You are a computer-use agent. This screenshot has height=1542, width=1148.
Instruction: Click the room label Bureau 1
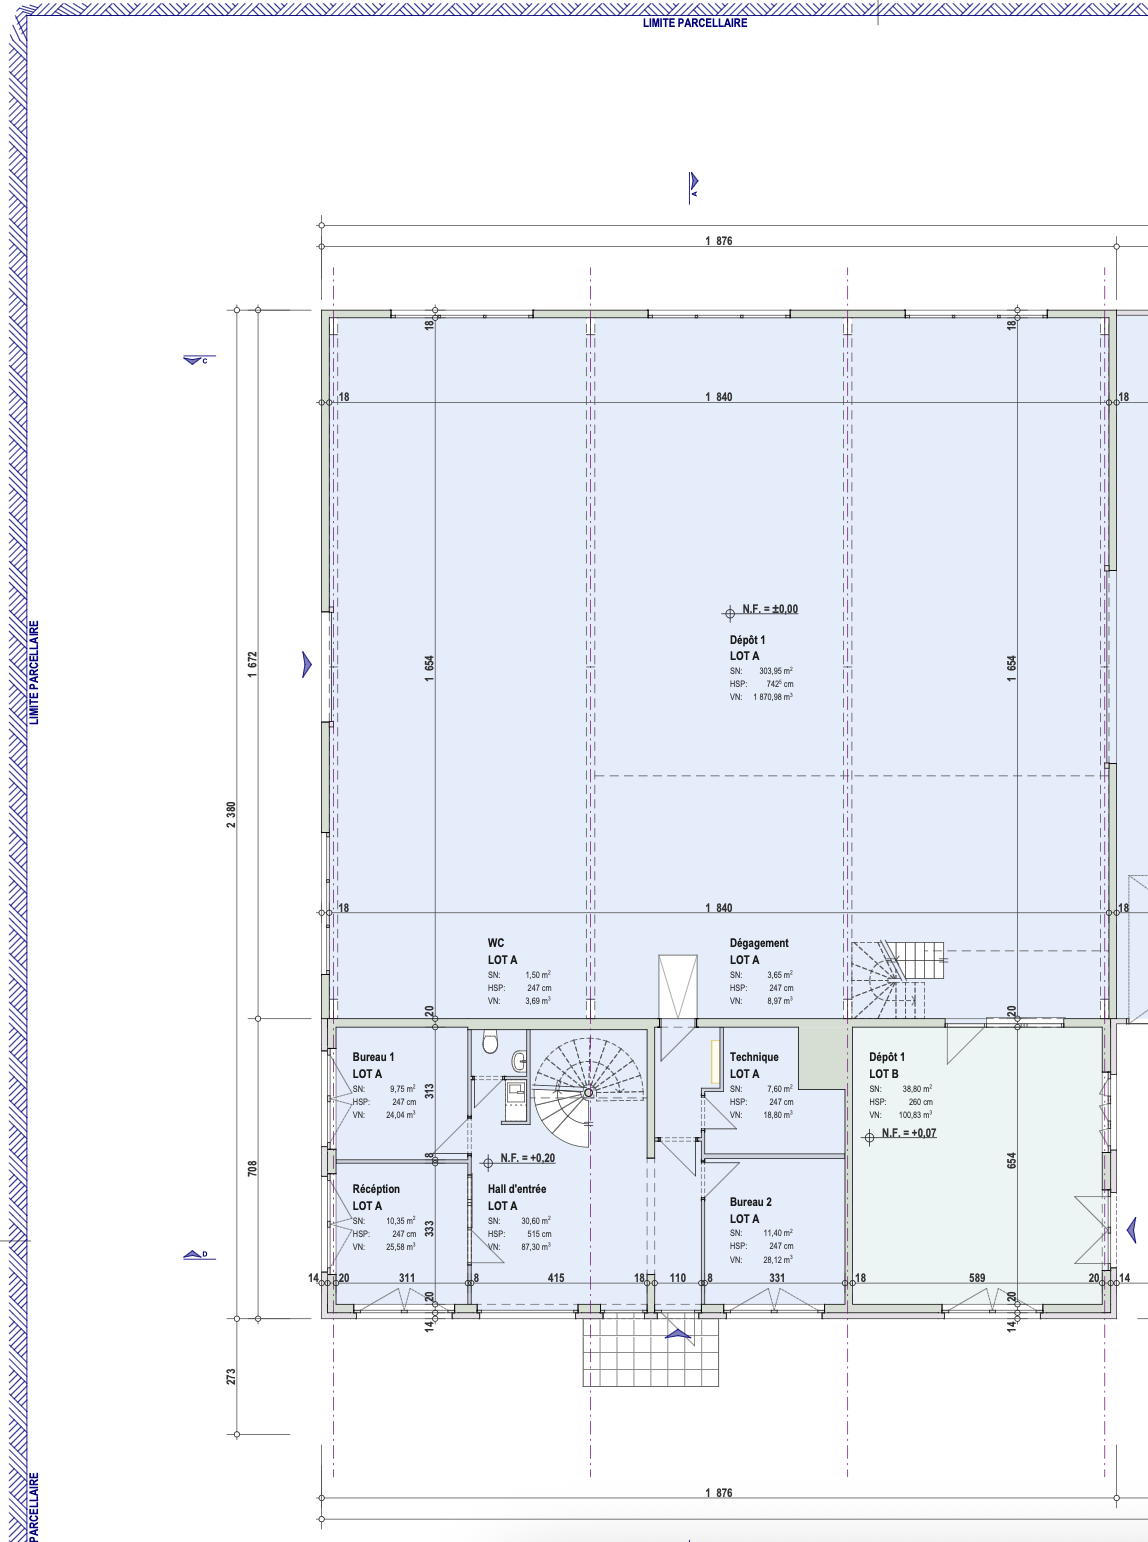[373, 1057]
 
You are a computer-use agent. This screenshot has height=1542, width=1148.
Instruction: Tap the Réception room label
[375, 1189]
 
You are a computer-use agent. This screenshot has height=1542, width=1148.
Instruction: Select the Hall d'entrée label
[517, 1189]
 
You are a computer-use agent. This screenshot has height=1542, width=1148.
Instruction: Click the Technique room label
[754, 1057]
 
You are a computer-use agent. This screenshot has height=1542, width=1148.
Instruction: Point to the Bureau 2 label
[750, 1202]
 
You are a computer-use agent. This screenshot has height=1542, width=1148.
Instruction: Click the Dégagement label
[759, 943]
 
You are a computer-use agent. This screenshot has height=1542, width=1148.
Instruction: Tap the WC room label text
[496, 943]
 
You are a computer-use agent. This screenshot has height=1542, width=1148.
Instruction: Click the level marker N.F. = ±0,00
[760, 610]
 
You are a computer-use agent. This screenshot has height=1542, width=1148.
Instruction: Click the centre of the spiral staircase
[588, 1093]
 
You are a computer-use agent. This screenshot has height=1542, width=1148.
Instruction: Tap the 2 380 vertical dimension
[232, 814]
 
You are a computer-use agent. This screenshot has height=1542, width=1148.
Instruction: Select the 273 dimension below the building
[232, 1376]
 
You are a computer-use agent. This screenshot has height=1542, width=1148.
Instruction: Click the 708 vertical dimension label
[252, 1168]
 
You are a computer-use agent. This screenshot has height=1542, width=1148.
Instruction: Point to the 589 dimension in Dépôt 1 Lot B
[977, 1278]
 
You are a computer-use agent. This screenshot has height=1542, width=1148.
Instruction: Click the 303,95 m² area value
[776, 671]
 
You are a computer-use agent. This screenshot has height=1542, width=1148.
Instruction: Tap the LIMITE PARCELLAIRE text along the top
[695, 23]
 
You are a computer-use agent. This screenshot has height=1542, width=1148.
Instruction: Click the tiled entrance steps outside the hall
[650, 1352]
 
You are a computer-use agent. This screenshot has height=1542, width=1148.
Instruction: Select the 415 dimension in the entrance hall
[556, 1278]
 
